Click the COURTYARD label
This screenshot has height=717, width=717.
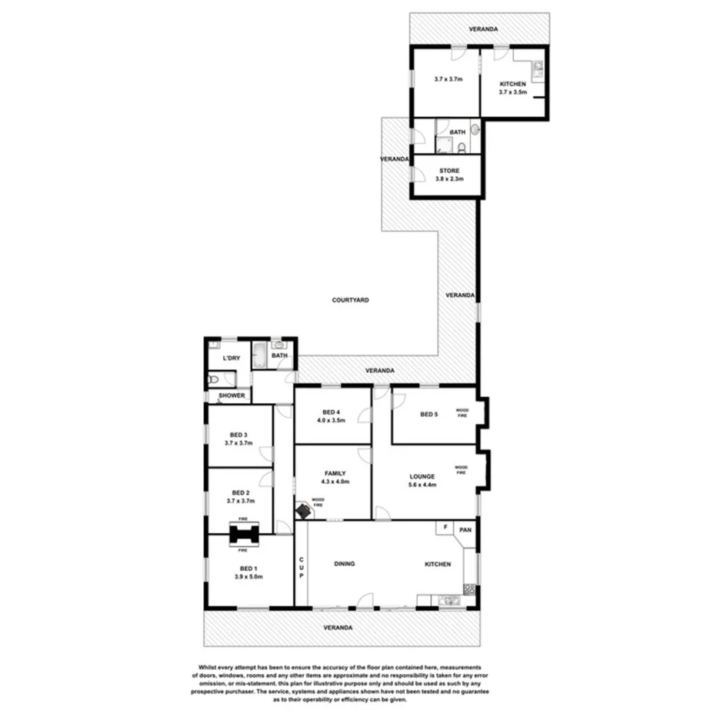click(x=351, y=300)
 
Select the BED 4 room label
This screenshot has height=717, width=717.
click(x=330, y=412)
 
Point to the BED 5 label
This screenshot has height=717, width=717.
click(x=429, y=415)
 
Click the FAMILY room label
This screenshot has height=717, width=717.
click(x=334, y=473)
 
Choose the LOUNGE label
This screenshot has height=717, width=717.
click(x=422, y=476)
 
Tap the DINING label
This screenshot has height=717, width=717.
click(x=344, y=564)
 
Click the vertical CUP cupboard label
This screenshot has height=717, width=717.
click(x=302, y=569)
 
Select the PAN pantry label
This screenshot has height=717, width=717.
click(x=465, y=529)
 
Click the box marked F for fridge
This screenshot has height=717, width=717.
click(x=444, y=528)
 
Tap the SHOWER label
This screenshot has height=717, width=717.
click(x=232, y=396)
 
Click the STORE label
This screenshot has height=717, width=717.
click(x=449, y=171)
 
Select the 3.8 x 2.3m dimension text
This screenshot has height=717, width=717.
click(x=449, y=179)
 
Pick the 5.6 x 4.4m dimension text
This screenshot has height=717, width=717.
click(x=422, y=485)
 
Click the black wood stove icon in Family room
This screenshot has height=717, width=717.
click(x=305, y=510)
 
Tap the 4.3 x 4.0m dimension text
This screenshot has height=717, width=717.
click(x=334, y=482)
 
